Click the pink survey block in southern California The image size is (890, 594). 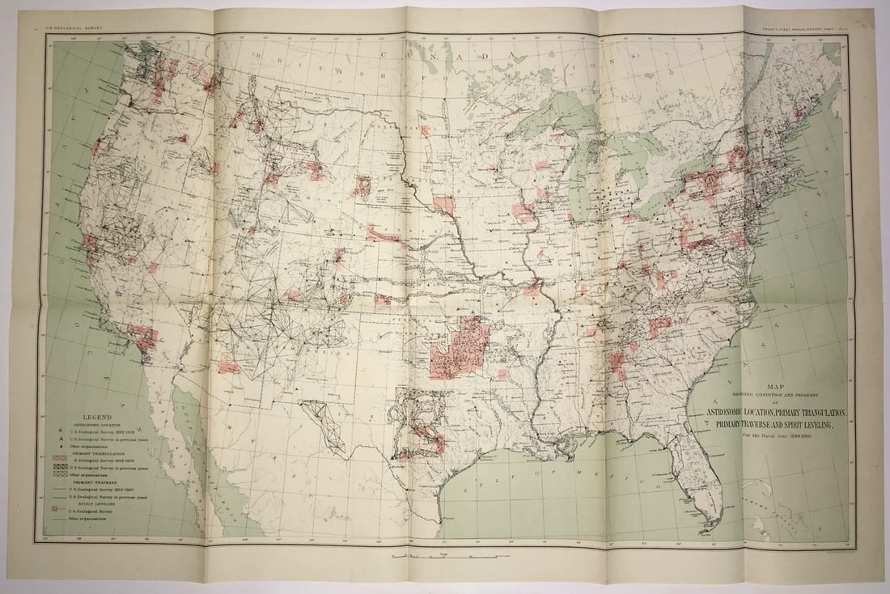(x=144, y=340)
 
